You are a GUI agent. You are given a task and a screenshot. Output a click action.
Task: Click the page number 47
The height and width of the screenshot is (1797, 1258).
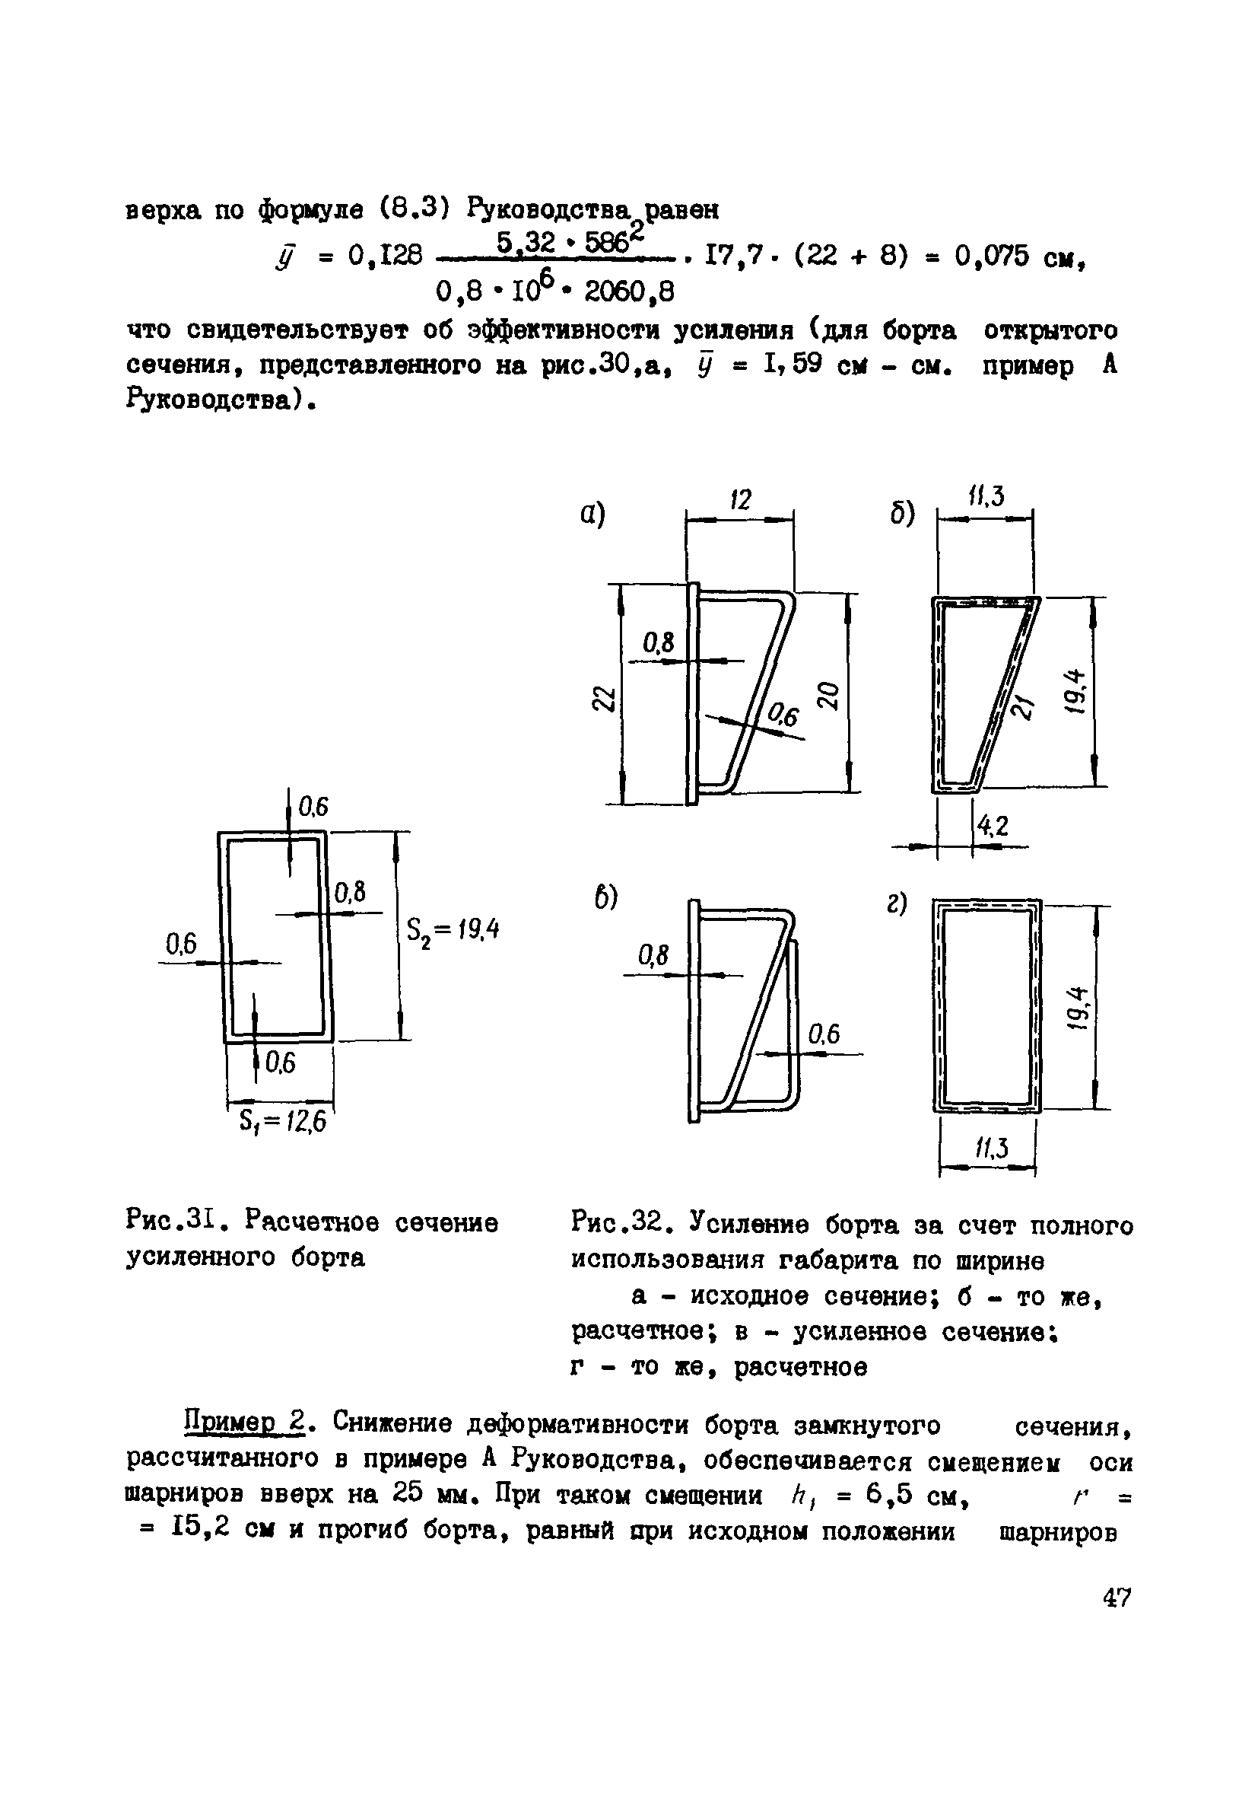click(1117, 1597)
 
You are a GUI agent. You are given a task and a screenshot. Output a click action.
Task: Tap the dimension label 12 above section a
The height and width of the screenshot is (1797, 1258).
click(739, 499)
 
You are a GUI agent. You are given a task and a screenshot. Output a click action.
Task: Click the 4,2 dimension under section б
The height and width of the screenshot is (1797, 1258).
click(990, 825)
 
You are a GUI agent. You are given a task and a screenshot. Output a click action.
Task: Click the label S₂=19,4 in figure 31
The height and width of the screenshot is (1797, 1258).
click(453, 932)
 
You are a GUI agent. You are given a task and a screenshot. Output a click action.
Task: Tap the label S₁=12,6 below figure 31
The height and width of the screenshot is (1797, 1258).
click(281, 1123)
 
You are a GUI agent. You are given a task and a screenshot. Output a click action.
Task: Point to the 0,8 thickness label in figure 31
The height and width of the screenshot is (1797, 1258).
click(350, 892)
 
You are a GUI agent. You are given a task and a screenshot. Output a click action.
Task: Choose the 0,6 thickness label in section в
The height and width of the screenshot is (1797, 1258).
click(823, 1034)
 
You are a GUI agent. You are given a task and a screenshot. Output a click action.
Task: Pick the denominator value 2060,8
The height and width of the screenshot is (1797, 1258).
click(630, 292)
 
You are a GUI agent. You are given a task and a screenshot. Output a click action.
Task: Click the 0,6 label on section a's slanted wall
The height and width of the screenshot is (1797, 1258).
click(783, 713)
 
